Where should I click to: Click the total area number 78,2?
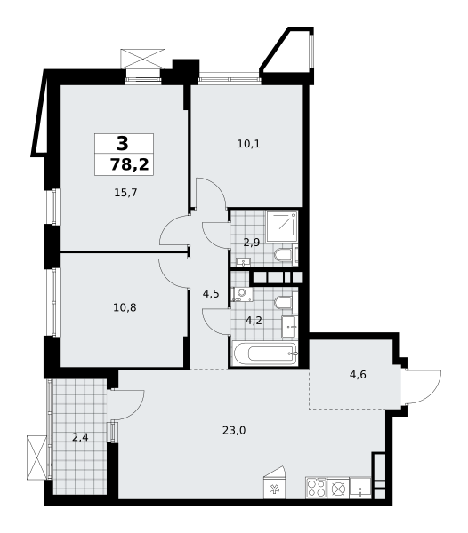(x=130, y=165)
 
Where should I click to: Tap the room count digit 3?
(x=123, y=143)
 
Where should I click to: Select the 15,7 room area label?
(x=125, y=193)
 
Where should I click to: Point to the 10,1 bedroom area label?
(x=248, y=144)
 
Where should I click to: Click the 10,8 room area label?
(x=125, y=307)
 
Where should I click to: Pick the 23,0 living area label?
(x=234, y=431)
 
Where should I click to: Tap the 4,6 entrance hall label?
(x=358, y=375)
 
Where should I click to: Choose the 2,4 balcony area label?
(x=80, y=437)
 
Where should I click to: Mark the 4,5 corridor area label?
(x=211, y=294)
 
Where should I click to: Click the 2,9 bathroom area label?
(x=252, y=243)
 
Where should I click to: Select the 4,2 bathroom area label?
(x=254, y=320)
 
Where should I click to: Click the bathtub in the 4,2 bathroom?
(x=265, y=354)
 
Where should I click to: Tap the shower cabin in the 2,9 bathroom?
(x=282, y=227)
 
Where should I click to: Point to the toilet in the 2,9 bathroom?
(x=284, y=254)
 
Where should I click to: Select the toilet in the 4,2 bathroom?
(x=284, y=303)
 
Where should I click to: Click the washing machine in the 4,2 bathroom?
(x=242, y=294)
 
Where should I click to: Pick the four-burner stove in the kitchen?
(x=316, y=488)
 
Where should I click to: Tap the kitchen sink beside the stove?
(x=360, y=488)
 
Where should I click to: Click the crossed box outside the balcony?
(x=36, y=457)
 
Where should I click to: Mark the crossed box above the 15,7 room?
(x=143, y=60)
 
